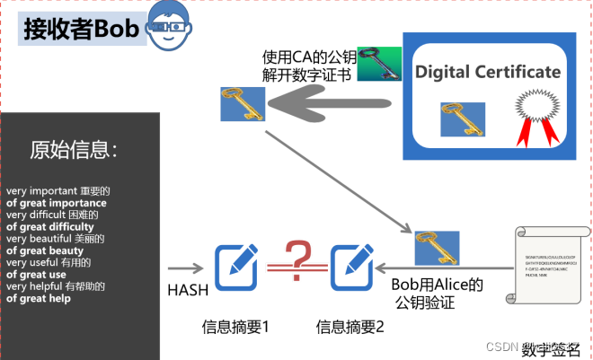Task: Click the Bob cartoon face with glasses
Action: (x=168, y=27)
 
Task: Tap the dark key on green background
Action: (x=378, y=65)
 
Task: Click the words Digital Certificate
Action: (x=488, y=72)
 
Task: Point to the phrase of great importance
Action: (x=56, y=203)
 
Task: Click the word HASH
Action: (x=188, y=289)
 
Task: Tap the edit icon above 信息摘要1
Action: (x=235, y=265)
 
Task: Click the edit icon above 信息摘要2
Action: (x=350, y=265)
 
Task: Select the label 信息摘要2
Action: (x=350, y=327)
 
